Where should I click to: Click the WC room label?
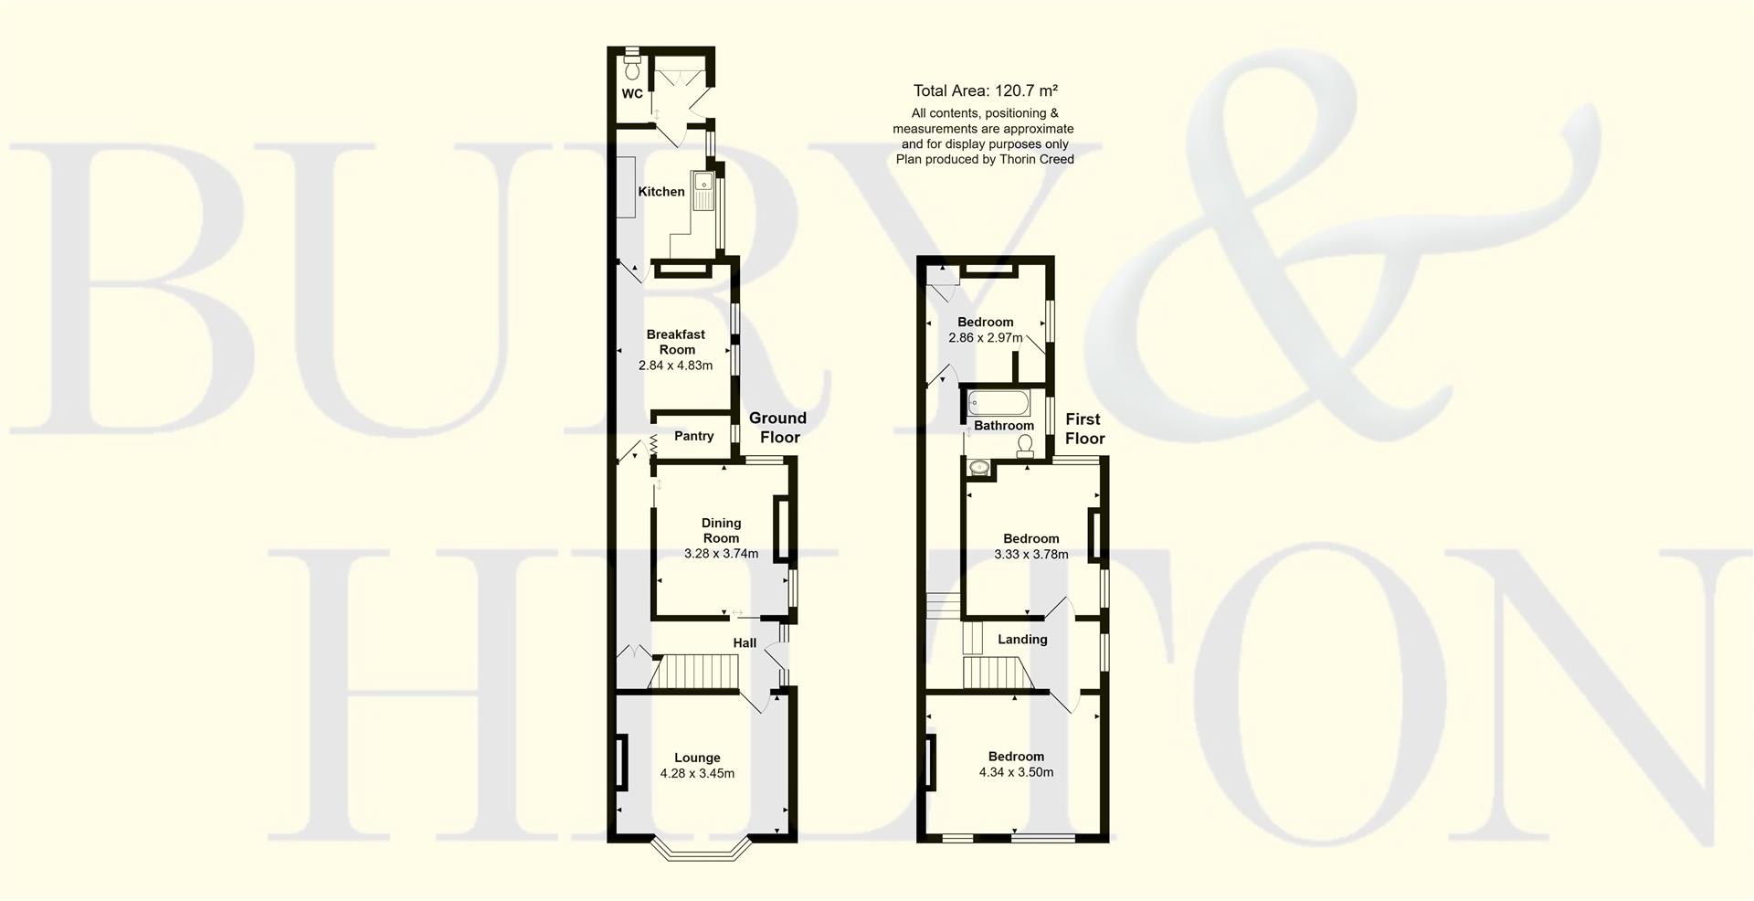[632, 93]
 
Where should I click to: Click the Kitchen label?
[660, 192]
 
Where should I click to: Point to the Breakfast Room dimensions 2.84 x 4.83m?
[675, 366]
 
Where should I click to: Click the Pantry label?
[693, 436]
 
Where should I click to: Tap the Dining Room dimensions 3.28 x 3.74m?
[721, 554]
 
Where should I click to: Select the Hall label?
[745, 643]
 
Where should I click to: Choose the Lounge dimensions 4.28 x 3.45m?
[697, 773]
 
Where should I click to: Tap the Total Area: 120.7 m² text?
[985, 90]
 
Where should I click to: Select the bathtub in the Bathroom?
[999, 401]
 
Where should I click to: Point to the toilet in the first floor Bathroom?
[1025, 444]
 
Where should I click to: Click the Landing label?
[1022, 640]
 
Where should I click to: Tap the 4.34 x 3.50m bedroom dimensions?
[1016, 772]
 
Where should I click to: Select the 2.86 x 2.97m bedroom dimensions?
[985, 338]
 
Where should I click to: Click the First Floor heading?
[1084, 429]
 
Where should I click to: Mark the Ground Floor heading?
[777, 428]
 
